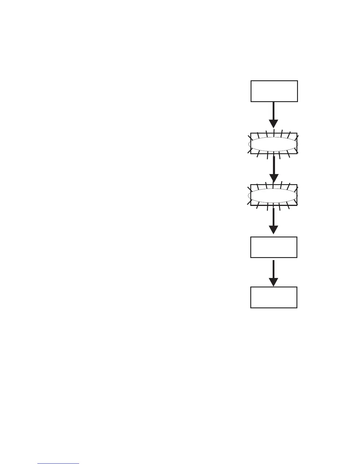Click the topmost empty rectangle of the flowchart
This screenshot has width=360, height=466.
[x=274, y=91]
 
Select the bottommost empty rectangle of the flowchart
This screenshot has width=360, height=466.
[x=274, y=297]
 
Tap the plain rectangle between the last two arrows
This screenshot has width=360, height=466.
[x=274, y=247]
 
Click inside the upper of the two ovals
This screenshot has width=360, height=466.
[x=274, y=144]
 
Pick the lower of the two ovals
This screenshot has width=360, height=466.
[x=273, y=196]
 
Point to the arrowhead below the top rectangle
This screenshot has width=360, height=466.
[x=274, y=124]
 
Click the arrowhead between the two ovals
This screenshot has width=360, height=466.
[x=274, y=178]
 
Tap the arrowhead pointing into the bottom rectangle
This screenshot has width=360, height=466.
[x=274, y=282]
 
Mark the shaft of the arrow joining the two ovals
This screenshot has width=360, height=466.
[x=274, y=165]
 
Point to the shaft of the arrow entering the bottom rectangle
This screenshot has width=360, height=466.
[x=274, y=269]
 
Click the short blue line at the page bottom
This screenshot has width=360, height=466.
[x=58, y=464]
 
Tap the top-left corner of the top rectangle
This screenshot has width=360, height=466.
[x=251, y=81]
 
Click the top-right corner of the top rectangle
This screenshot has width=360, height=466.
[x=297, y=81]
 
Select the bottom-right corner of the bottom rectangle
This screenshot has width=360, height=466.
[x=297, y=307]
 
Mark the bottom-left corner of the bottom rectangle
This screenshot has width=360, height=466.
[x=251, y=307]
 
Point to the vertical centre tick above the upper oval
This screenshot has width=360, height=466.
[x=274, y=132]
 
